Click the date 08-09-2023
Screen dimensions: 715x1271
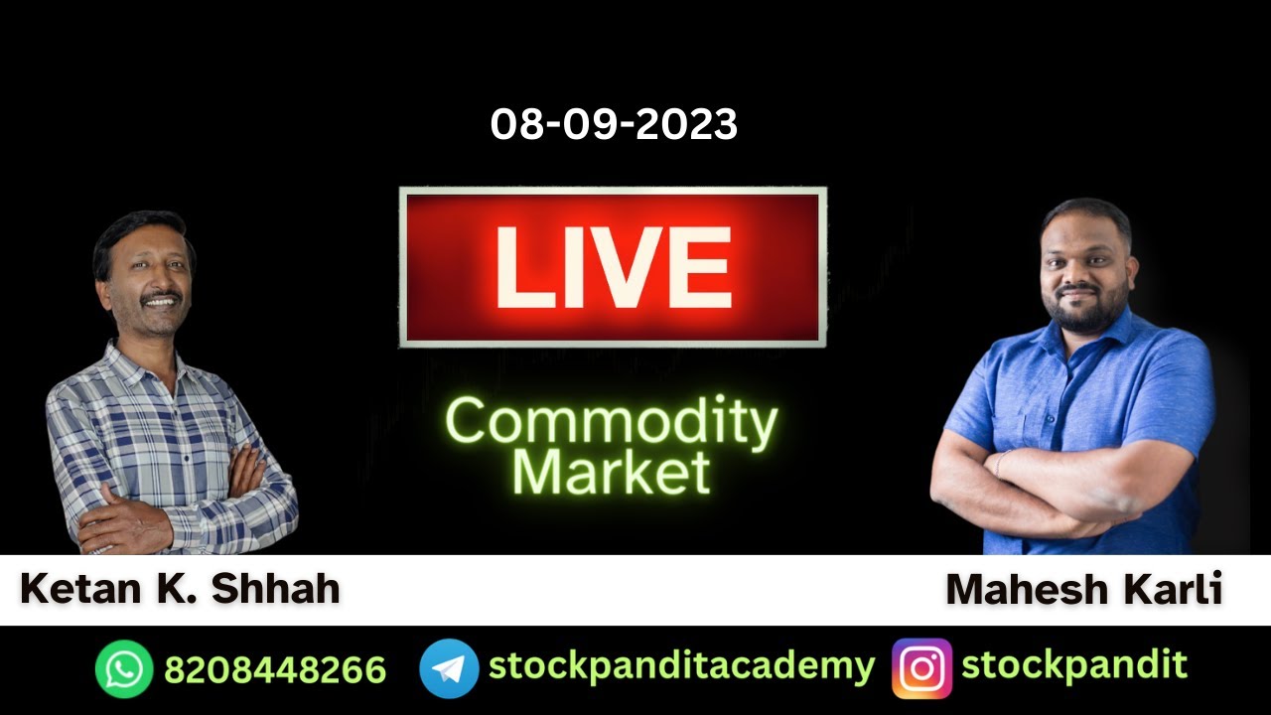pos(614,125)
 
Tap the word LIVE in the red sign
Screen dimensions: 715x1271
pos(613,268)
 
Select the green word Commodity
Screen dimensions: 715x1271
pos(611,421)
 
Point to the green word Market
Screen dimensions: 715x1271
pos(611,472)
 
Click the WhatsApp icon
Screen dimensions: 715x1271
pos(124,668)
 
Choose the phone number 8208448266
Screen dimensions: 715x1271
pos(275,669)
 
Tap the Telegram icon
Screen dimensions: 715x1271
pos(449,668)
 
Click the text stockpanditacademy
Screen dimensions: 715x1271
pos(681,666)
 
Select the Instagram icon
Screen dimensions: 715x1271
pos(921,668)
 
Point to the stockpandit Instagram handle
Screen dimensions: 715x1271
pos(1074,665)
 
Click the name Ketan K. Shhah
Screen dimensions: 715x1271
pos(180,589)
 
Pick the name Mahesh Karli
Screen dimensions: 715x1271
pos(1083,590)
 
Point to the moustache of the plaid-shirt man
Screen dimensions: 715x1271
pos(160,296)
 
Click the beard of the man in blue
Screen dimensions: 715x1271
pos(1087,313)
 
